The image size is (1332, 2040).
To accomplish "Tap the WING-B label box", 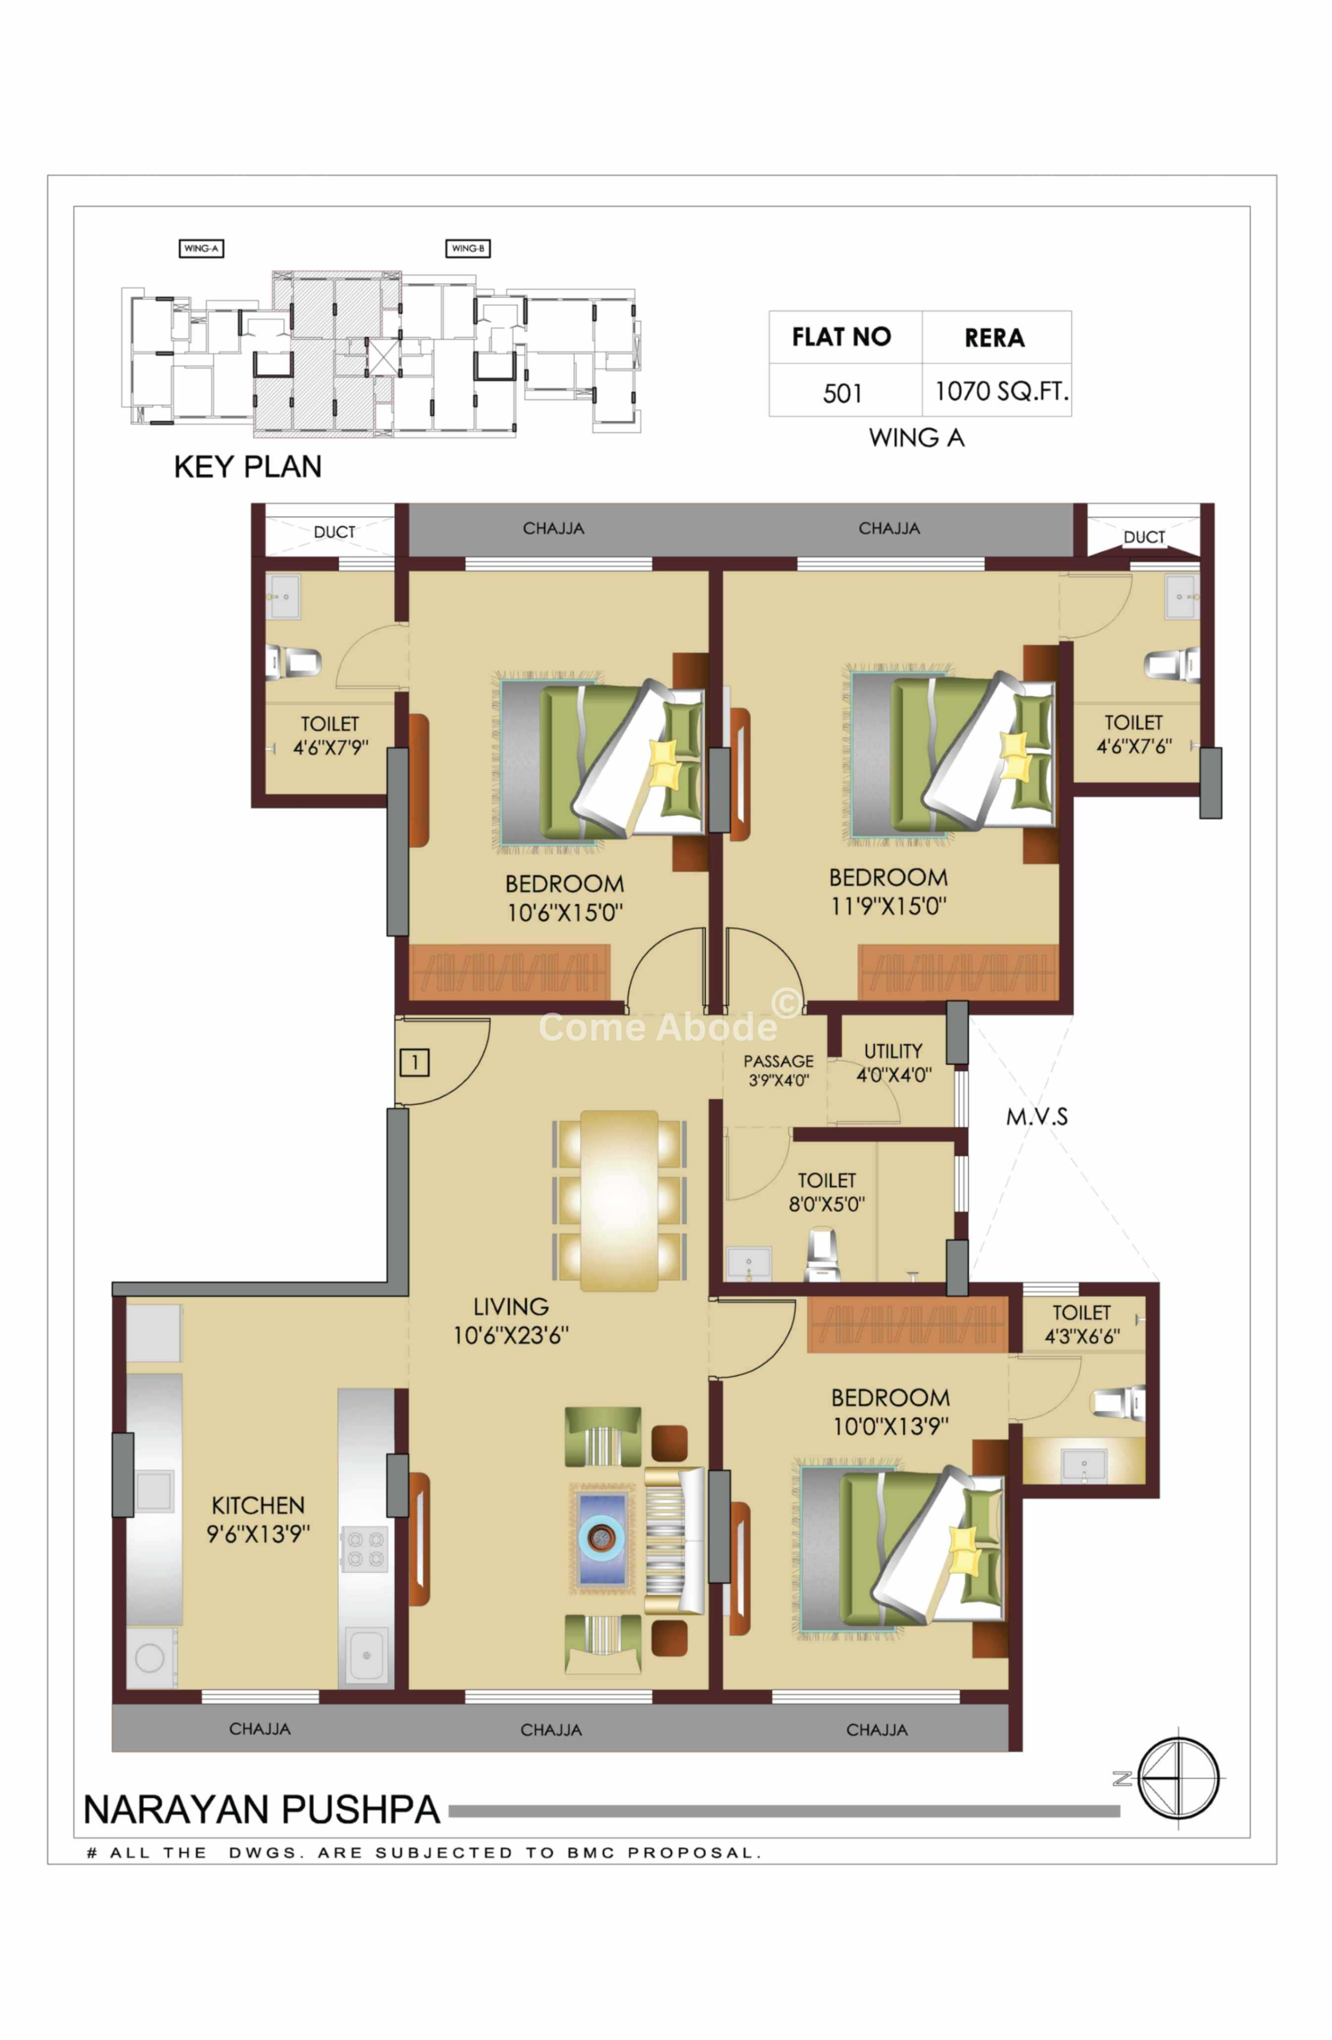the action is tap(468, 249).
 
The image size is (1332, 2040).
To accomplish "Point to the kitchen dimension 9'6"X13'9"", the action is tap(258, 1533).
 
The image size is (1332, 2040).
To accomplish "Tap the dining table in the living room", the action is tap(619, 1201).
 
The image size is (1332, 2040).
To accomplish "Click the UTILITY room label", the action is tap(893, 1051).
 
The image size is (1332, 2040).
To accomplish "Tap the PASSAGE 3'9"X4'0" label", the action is tap(778, 1070).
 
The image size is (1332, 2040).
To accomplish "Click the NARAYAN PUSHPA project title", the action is tap(262, 1810).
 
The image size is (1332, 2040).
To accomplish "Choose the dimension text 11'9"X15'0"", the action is tap(889, 906).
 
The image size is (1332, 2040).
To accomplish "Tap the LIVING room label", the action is tap(511, 1307).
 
